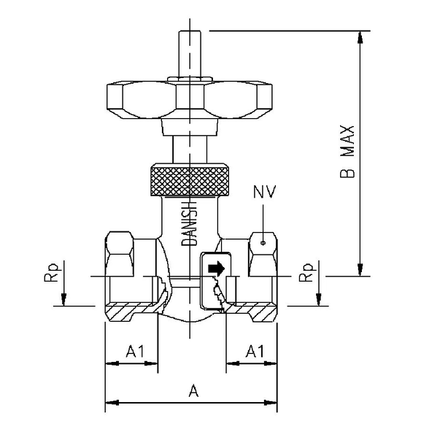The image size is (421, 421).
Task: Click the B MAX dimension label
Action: (x=349, y=152)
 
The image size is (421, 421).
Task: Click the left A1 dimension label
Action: (x=134, y=351)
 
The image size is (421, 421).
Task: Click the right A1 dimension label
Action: (x=254, y=351)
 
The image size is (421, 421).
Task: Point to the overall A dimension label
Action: (x=193, y=391)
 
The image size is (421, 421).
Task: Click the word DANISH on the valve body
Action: (x=185, y=223)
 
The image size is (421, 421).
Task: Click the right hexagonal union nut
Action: (x=264, y=252)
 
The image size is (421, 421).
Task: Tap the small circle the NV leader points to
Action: (x=261, y=237)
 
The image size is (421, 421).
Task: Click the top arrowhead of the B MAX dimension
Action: (x=360, y=36)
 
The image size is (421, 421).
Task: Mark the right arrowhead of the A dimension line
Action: (x=274, y=401)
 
